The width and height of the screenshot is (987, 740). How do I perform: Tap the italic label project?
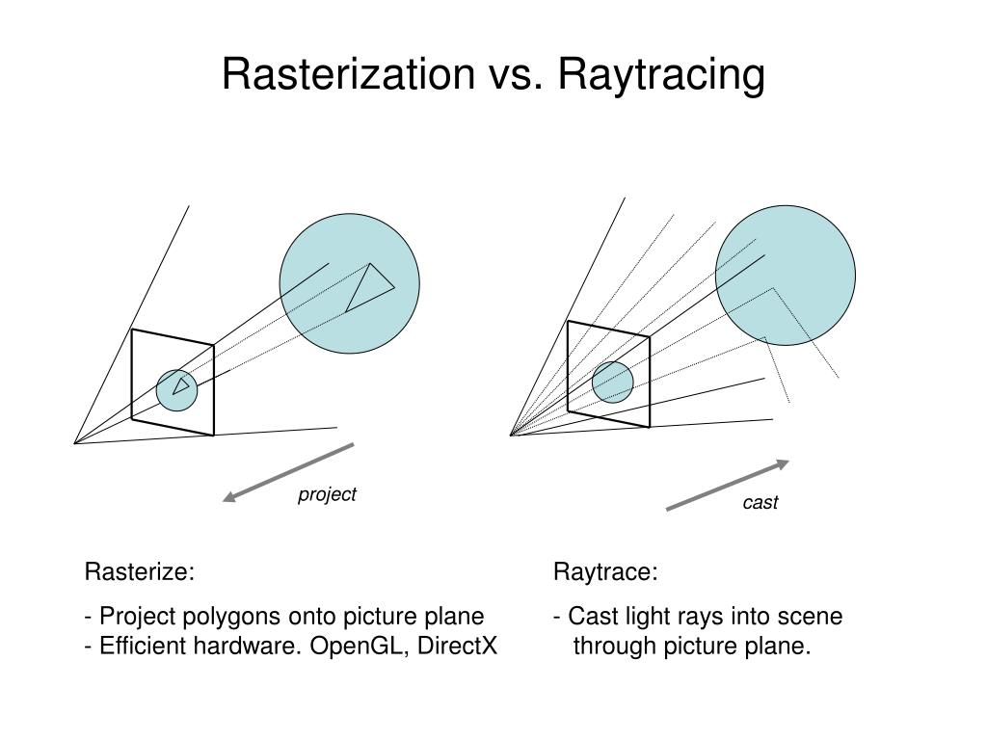(327, 494)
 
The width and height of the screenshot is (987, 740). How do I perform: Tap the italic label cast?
(760, 502)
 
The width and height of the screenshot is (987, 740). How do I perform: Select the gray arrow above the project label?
(288, 472)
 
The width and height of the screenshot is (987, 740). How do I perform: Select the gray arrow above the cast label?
(728, 486)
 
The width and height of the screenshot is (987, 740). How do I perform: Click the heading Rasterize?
(140, 572)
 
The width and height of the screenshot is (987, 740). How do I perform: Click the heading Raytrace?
(605, 573)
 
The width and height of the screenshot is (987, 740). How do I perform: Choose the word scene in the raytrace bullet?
(814, 617)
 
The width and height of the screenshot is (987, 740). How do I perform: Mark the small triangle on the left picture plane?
(179, 385)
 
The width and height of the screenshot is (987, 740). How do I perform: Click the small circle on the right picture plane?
(613, 382)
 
